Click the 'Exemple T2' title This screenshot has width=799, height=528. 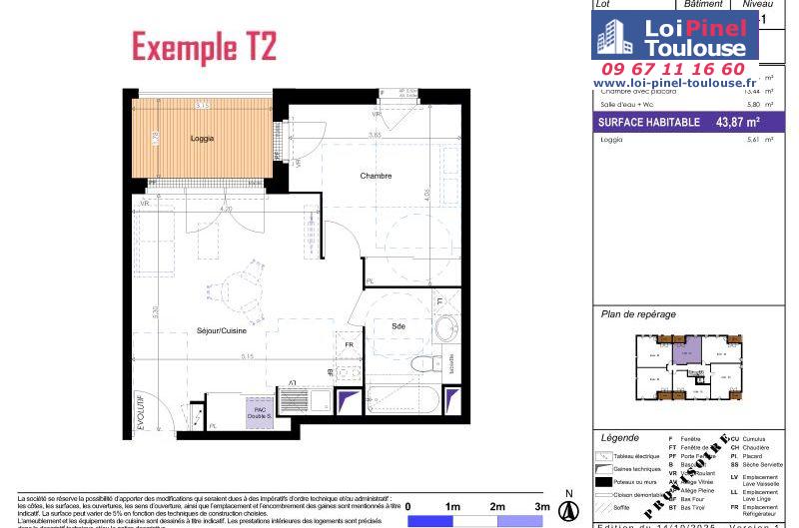(204, 46)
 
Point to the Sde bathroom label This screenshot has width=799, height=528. (398, 326)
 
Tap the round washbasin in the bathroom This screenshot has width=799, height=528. (445, 326)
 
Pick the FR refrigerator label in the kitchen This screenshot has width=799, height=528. (349, 345)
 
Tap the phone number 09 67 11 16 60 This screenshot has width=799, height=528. (669, 69)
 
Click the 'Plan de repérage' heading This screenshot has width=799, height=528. (638, 314)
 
